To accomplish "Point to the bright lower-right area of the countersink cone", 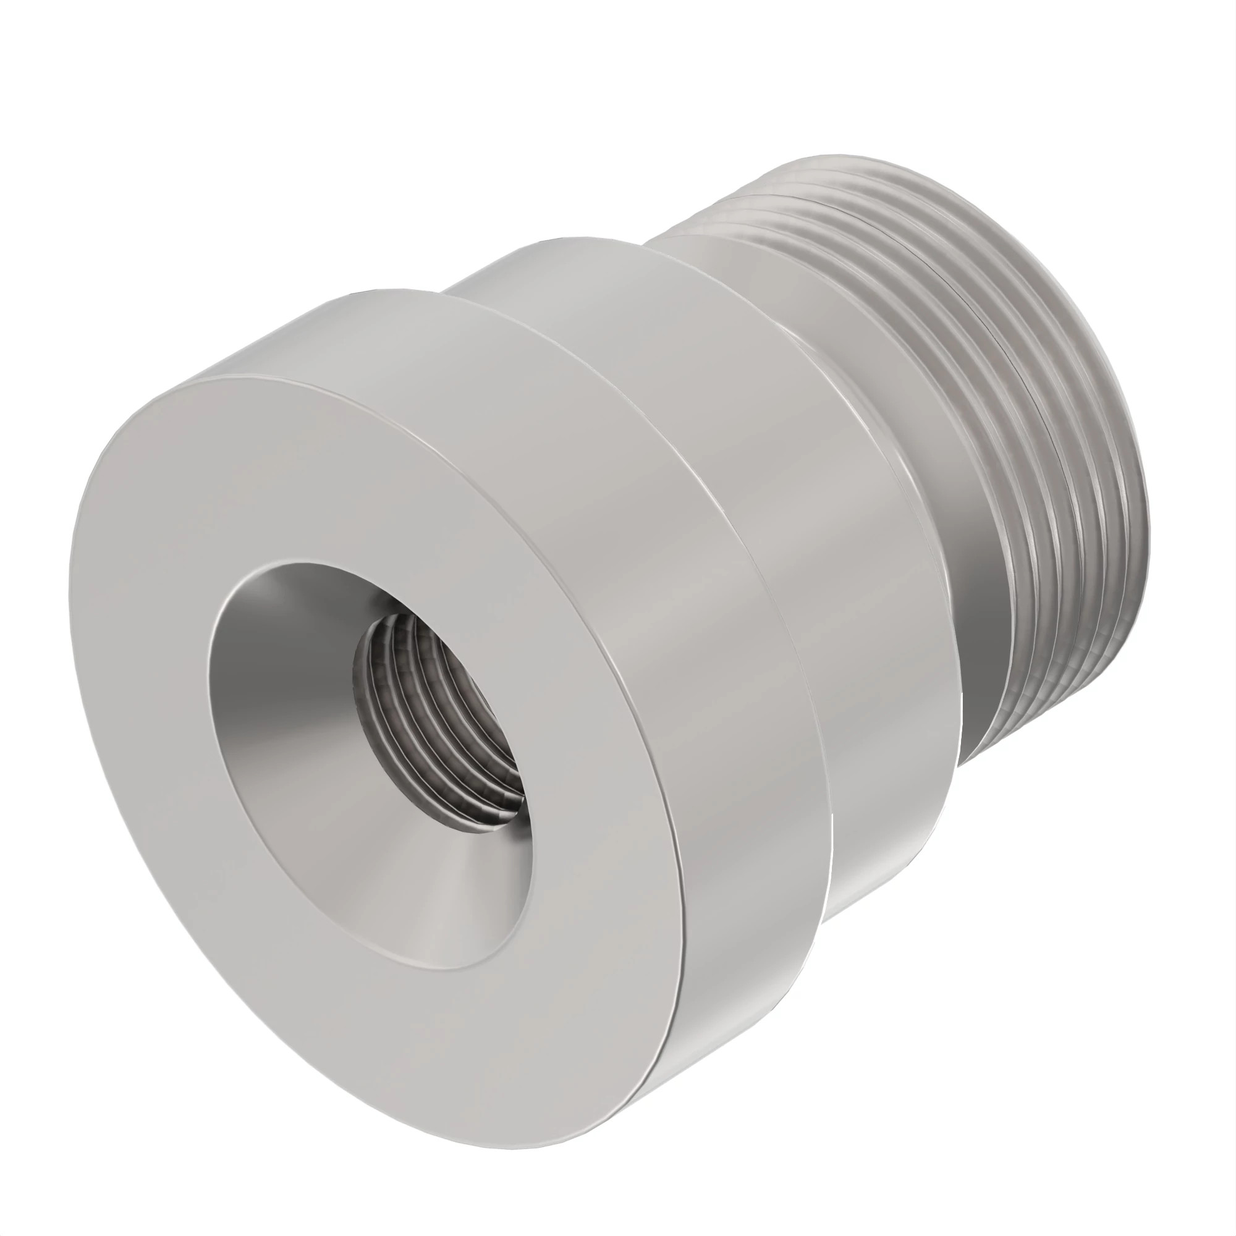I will (x=460, y=895).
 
